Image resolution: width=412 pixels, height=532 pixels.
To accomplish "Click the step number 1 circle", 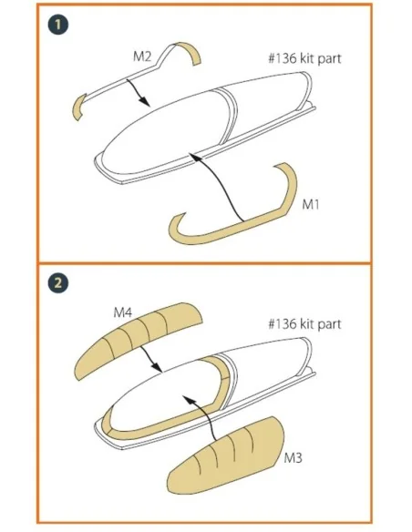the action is [x=58, y=25].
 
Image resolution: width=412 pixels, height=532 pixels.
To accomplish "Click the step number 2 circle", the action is [x=58, y=283].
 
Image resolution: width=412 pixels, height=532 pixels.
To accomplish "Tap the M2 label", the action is [x=142, y=56].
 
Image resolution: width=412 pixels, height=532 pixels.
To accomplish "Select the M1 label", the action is [x=311, y=205].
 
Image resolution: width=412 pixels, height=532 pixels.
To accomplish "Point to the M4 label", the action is [x=122, y=312].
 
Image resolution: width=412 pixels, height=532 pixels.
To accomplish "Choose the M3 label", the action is [x=293, y=458].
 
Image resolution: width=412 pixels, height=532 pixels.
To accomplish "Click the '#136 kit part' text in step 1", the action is [x=304, y=58].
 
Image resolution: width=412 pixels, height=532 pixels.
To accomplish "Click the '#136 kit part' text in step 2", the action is [x=304, y=323].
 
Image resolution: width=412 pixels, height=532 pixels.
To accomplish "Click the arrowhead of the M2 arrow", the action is [x=145, y=101].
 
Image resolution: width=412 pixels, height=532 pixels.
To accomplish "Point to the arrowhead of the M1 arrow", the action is [x=193, y=156].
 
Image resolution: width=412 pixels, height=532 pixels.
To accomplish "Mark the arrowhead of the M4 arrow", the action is [x=157, y=367].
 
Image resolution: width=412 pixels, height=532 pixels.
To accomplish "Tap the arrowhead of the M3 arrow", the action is [x=188, y=400].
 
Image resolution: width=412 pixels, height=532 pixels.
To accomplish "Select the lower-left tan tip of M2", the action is [x=78, y=107].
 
